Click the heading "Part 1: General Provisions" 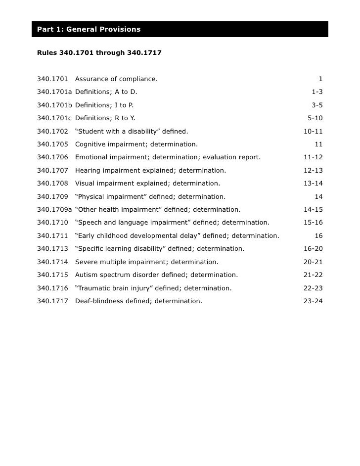[x=89, y=30]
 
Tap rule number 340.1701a [x=54, y=92]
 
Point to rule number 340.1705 [x=52, y=144]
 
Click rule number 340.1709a [x=54, y=210]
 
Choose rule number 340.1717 [x=52, y=301]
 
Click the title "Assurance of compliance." [x=116, y=79]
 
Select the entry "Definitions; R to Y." [x=105, y=118]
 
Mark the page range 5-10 [x=315, y=118]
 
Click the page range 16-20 [x=313, y=249]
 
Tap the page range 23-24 [x=313, y=301]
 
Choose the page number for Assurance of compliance [x=320, y=79]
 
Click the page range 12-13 [x=313, y=171]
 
